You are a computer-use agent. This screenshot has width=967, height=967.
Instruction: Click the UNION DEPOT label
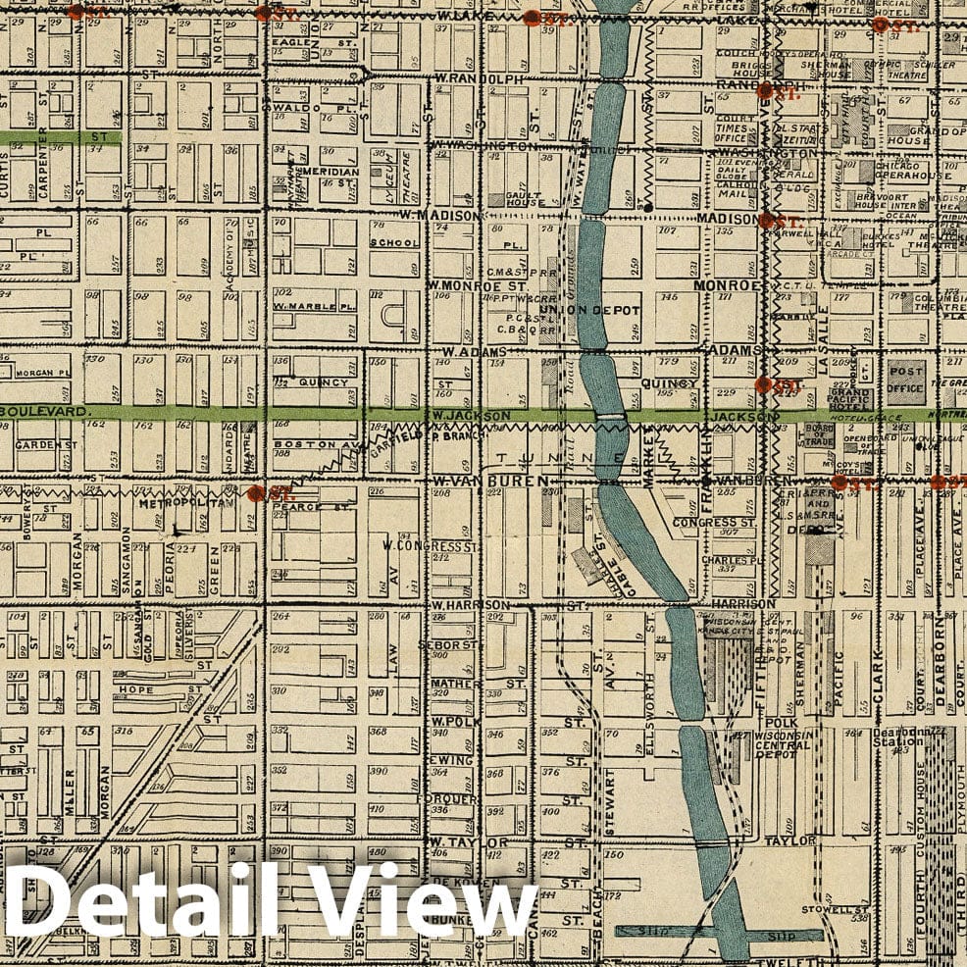[x=599, y=311]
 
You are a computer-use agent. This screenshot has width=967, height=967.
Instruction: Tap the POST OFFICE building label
[x=906, y=381]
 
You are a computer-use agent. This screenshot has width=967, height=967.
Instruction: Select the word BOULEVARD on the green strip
[x=44, y=411]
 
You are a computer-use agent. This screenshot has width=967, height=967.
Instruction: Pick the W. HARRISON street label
[x=469, y=605]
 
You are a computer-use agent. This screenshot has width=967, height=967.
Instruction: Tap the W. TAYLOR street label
[x=469, y=842]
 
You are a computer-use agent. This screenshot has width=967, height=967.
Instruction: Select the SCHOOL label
[x=394, y=242]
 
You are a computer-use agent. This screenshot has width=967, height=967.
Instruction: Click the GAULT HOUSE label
[x=525, y=199]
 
